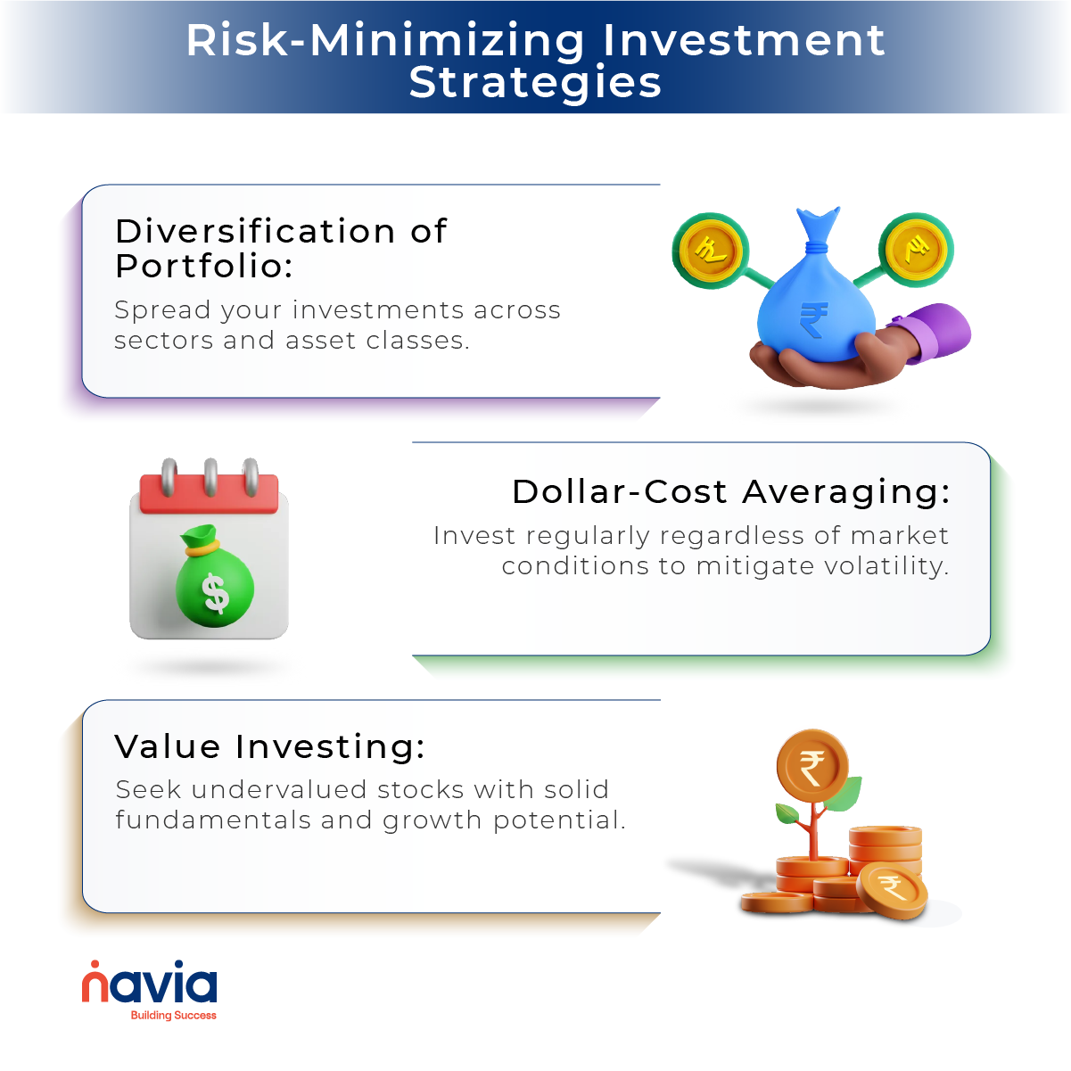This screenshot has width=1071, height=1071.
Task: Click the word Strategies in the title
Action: [535, 83]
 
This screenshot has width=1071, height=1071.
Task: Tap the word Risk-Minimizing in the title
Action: [385, 40]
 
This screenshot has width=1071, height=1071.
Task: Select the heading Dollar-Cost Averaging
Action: [730, 491]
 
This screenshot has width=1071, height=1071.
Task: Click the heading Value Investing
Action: [269, 746]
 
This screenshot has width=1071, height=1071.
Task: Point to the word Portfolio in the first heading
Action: [203, 266]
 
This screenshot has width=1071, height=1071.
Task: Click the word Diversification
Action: [255, 231]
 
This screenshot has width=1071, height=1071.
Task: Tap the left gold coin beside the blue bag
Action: [710, 251]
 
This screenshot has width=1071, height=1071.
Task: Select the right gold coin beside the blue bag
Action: [916, 250]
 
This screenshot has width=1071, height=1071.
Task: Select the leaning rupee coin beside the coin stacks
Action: [892, 890]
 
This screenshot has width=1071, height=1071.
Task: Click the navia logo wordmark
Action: [150, 984]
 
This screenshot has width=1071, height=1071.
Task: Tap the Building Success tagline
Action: [173, 1016]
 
